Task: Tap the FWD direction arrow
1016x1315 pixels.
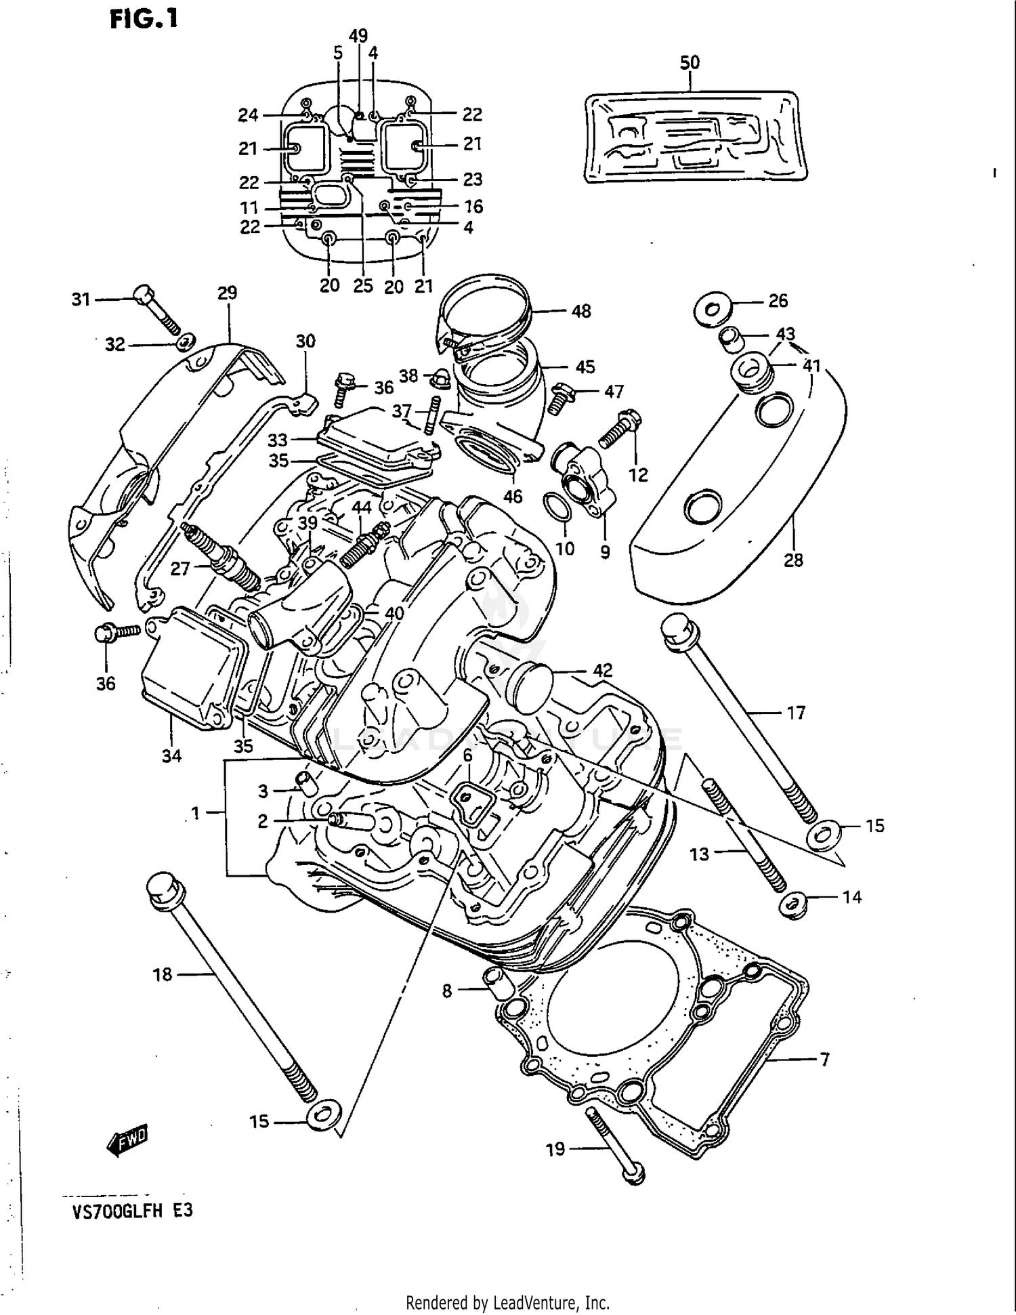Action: [x=127, y=1141]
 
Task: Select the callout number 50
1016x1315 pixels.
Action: [x=689, y=62]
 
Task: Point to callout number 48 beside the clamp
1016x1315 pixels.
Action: [x=580, y=311]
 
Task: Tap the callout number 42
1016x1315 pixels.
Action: [x=602, y=670]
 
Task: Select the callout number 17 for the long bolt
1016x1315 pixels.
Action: [x=795, y=713]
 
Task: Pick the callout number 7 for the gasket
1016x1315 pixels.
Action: [x=824, y=1058]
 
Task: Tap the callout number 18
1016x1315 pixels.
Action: [x=163, y=974]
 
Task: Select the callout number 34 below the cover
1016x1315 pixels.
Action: [x=171, y=755]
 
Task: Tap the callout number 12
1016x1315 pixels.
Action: [x=638, y=475]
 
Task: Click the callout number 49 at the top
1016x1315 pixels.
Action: [x=358, y=35]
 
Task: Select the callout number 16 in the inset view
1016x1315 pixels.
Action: [x=472, y=206]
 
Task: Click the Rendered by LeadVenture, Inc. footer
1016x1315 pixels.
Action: [x=507, y=1302]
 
